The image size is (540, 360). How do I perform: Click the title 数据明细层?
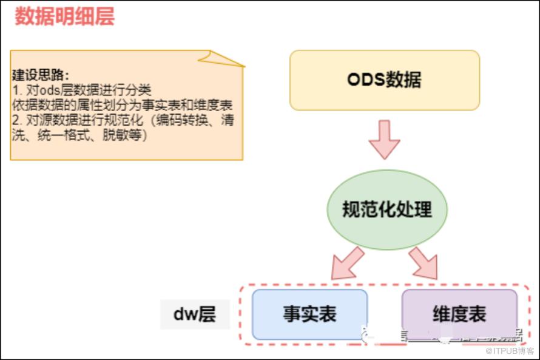pyautogui.click(x=65, y=16)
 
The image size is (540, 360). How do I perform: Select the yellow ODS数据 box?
pyautogui.click(x=384, y=80)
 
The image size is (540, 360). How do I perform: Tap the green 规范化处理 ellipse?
pyautogui.click(x=386, y=209)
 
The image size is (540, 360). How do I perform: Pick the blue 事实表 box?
pyautogui.click(x=309, y=314)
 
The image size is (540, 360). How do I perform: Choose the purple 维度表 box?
pyautogui.click(x=459, y=314)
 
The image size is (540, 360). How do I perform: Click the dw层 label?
pyautogui.click(x=195, y=314)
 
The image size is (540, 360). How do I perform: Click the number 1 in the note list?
pyautogui.click(x=15, y=90)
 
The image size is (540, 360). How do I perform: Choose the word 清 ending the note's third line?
pyautogui.click(x=228, y=120)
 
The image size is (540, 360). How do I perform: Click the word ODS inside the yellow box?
pyautogui.click(x=366, y=80)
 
